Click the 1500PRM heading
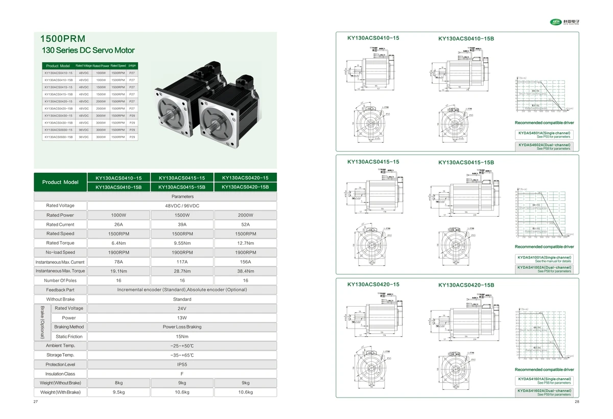click(x=63, y=39)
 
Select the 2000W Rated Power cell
click(x=245, y=215)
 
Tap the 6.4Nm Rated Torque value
click(x=119, y=243)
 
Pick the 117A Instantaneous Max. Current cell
click(x=182, y=262)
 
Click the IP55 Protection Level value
click(x=182, y=364)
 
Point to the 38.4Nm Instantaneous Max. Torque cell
click(x=245, y=271)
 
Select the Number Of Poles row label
click(x=60, y=281)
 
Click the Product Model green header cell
click(x=60, y=182)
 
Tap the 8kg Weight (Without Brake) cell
click(x=119, y=383)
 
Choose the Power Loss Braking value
click(x=182, y=327)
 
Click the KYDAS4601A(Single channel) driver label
click(x=545, y=133)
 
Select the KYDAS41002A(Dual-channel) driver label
click(x=545, y=267)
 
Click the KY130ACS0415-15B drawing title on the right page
click(x=466, y=162)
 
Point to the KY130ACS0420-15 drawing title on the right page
click(x=373, y=284)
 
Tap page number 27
click(x=35, y=402)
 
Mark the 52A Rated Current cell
click(x=245, y=224)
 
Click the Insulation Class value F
click(x=182, y=374)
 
